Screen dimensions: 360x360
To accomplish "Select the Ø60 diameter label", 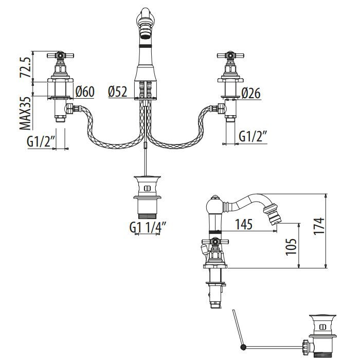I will [85, 92].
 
